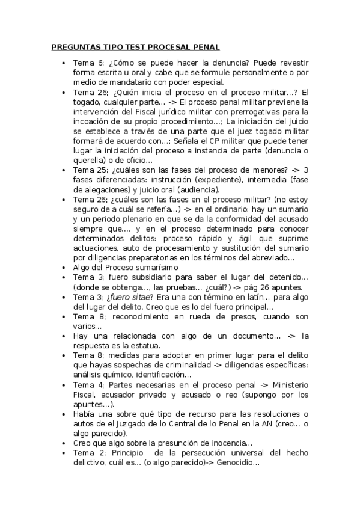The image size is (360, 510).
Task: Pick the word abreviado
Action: pos(271,258)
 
